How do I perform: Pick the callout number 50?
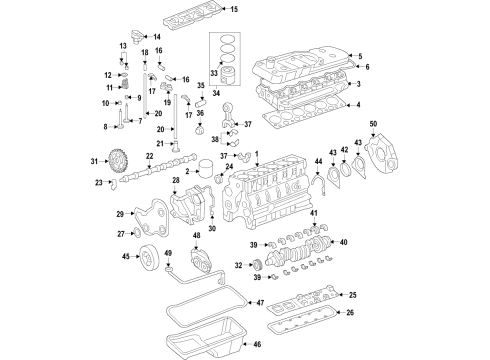pos(374,123)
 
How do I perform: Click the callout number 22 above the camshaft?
pos(149,157)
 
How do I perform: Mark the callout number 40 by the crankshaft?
pos(343,242)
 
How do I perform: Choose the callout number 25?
pos(352,295)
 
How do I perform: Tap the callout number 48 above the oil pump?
pos(196,236)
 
